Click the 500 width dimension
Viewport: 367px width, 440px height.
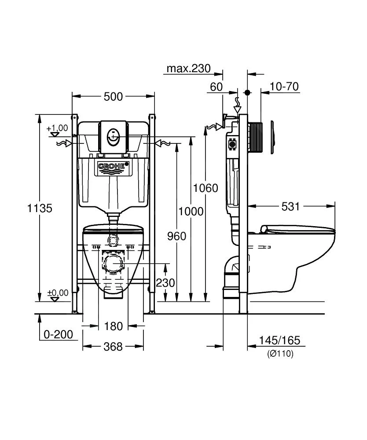[113, 96]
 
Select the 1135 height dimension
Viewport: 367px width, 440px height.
[40, 208]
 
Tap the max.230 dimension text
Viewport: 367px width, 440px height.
[188, 69]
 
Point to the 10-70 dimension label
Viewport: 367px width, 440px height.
[284, 87]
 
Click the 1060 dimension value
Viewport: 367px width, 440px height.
[206, 188]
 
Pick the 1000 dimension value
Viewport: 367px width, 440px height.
[191, 211]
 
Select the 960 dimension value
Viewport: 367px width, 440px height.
[176, 236]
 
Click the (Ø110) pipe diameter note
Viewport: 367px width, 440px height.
[280, 353]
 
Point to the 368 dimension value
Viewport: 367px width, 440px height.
[113, 347]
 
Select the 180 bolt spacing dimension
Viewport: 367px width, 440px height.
[113, 326]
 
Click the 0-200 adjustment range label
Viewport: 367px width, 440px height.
[58, 334]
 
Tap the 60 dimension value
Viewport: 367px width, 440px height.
[216, 87]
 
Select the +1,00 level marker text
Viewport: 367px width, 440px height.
[57, 128]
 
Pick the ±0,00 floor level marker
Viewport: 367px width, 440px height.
[57, 293]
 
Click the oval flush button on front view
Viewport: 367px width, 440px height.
[113, 134]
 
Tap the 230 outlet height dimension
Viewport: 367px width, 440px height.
[165, 283]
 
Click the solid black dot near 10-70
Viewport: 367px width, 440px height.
[247, 93]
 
